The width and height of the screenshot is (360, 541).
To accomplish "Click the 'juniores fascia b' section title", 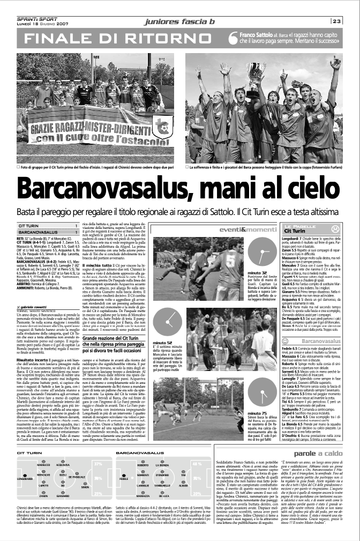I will coord(179,21).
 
